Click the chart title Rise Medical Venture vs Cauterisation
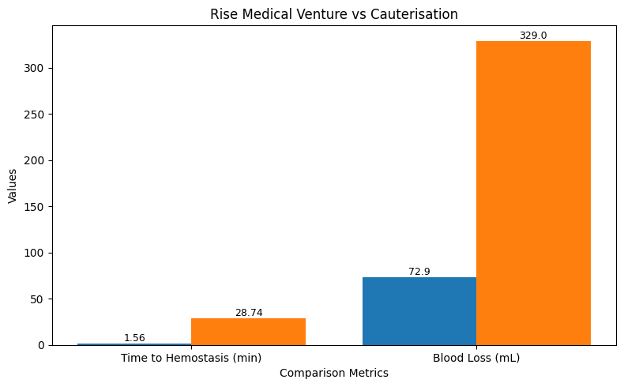click(x=333, y=14)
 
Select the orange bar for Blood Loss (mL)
click(x=533, y=193)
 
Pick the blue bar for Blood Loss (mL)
click(x=419, y=311)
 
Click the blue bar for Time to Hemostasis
click(x=134, y=344)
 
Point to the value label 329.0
click(x=533, y=36)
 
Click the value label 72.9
click(x=419, y=272)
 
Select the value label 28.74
click(x=248, y=313)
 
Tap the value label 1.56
click(x=134, y=338)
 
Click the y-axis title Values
click(x=13, y=186)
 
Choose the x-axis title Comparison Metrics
click(x=333, y=374)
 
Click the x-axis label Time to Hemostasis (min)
click(x=191, y=359)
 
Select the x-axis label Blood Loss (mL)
click(x=476, y=359)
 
